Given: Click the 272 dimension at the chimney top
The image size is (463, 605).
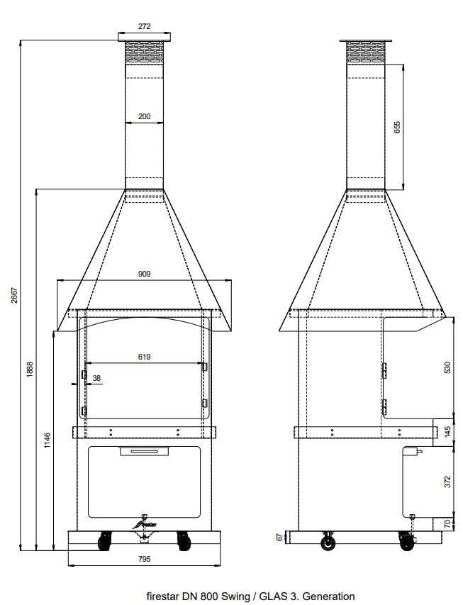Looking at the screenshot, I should point(145,26).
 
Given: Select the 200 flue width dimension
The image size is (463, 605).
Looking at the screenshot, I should point(145,116).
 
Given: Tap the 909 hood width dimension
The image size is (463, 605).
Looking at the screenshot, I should point(145,273).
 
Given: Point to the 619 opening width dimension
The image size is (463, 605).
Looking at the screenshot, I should point(145,357).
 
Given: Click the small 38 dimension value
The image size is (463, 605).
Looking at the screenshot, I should point(96,378).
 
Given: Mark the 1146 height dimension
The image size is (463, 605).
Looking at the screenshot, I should point(47,440).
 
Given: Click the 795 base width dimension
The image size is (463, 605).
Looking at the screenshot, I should point(145,559).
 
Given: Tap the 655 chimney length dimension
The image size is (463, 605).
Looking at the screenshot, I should point(397,127).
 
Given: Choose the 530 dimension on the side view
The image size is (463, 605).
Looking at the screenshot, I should point(447,368).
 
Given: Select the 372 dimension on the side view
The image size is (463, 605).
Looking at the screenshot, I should point(447,482).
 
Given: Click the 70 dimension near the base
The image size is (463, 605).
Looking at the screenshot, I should point(447,524).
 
